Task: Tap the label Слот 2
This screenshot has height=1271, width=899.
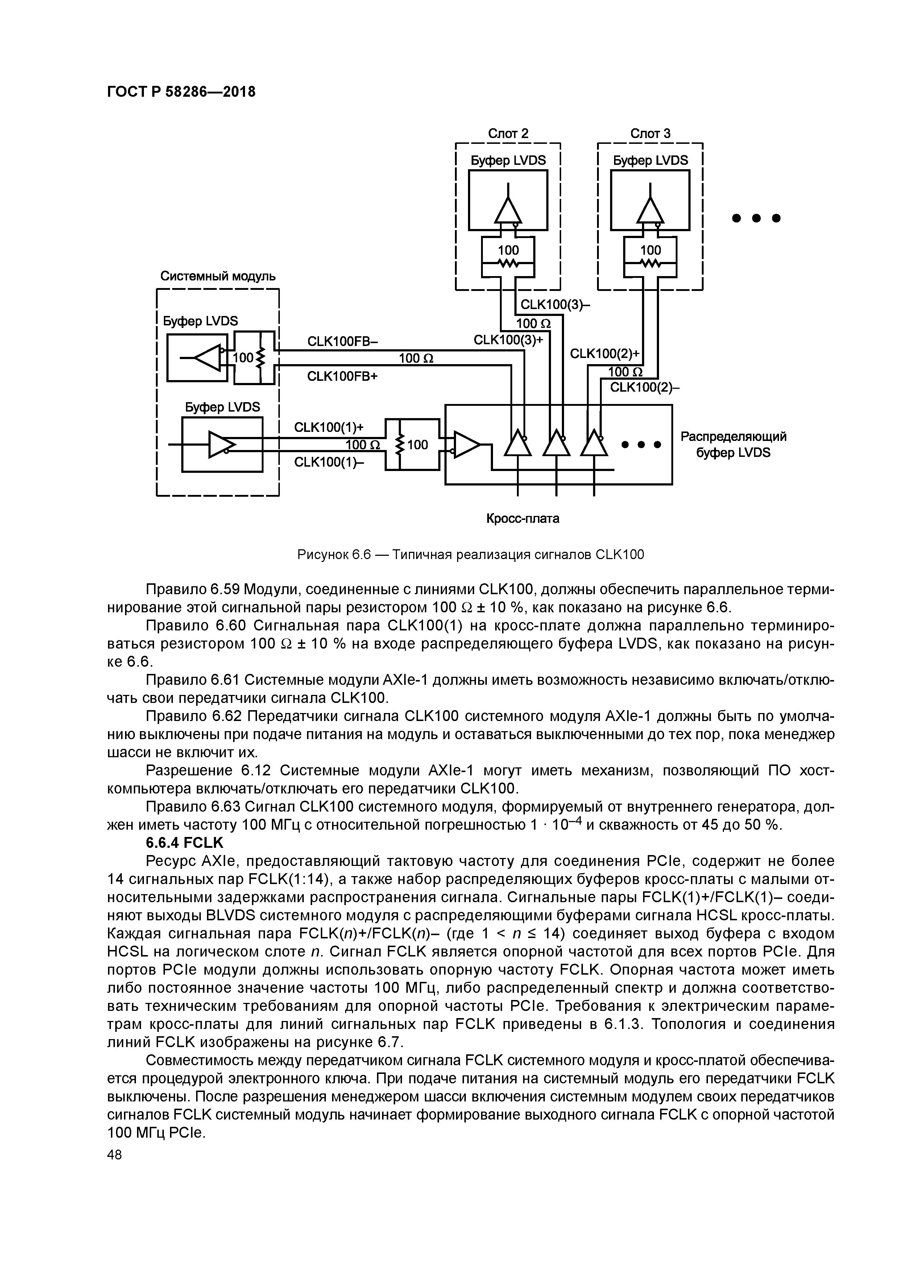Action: click(x=507, y=133)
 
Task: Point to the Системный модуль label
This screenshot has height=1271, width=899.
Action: click(x=218, y=276)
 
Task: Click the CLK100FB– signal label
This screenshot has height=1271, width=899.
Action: click(x=342, y=342)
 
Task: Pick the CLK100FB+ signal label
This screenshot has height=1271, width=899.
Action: click(x=342, y=376)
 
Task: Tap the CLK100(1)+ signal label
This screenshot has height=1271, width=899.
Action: click(x=329, y=428)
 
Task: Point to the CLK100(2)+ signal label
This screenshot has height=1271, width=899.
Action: click(x=604, y=354)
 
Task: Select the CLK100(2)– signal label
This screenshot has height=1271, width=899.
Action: click(x=644, y=388)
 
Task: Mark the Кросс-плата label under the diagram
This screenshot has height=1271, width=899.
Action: click(x=522, y=519)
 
